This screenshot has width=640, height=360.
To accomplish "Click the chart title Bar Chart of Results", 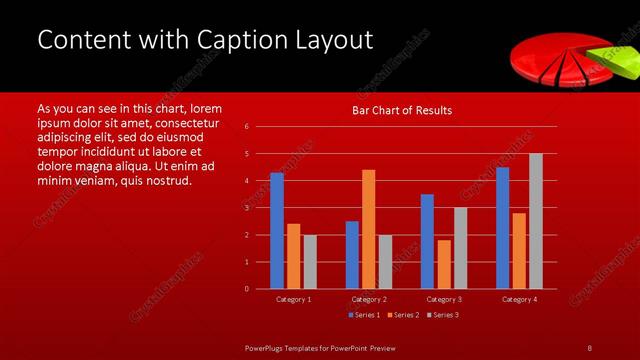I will point(402,110).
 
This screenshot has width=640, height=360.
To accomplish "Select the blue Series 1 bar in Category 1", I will point(277,231).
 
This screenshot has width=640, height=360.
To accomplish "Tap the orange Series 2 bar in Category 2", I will point(368,229).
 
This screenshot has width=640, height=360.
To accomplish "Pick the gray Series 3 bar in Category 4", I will point(536,221).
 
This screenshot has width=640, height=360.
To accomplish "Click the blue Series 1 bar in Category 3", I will point(427,241).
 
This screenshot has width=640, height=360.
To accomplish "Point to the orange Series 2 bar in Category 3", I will point(444,264).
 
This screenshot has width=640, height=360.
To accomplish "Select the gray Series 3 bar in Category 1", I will point(310,262).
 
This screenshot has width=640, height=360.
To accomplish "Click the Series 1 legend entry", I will point(362,315).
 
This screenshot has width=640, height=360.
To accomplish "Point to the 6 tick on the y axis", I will point(247,127).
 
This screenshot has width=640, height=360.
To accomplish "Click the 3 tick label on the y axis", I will point(247,208).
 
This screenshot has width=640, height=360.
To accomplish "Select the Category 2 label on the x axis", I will point(369,299).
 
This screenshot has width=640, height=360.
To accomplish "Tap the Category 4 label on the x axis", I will point(519,299).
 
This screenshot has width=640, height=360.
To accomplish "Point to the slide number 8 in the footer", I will point(589,347).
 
